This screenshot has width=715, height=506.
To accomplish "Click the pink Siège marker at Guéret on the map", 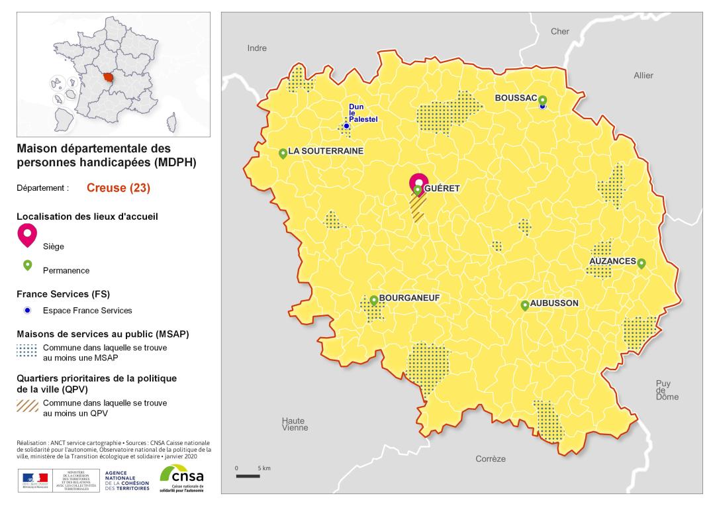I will point(418,182).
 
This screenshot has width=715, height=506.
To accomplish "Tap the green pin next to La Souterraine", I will point(283,153).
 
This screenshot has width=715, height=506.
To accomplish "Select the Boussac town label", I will point(516,97).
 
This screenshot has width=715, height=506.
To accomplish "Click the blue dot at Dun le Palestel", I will point(346,126).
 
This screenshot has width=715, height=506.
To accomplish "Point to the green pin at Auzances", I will point(641,263).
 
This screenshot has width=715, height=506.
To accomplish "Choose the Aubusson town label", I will point(555,303).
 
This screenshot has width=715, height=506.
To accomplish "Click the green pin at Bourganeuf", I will point(373,300).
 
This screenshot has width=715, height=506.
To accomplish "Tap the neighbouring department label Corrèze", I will point(491,459).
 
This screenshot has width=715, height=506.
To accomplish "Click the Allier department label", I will point(643,76).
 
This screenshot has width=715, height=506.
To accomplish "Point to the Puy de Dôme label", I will point(663,390).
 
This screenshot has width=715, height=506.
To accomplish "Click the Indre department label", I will point(257,48).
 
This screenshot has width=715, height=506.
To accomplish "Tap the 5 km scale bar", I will point(248,476).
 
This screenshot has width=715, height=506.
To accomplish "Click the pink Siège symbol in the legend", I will point(27,234).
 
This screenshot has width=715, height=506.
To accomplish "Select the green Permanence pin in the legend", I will point(28,265).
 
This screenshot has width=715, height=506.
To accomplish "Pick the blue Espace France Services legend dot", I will point(27,311).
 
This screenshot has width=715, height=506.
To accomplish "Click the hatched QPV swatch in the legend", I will point(28,406).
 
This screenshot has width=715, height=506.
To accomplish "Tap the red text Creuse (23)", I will point(119,188).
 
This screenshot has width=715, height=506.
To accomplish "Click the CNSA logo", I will point(181,478).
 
